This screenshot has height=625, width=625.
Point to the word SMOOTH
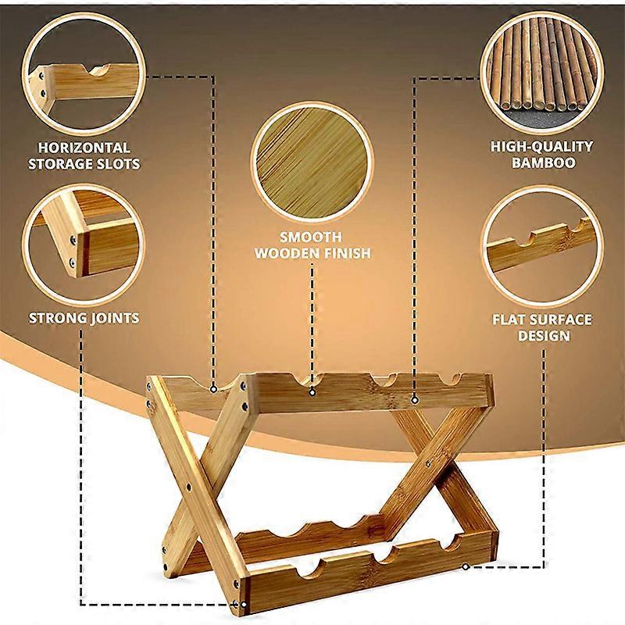[312, 237]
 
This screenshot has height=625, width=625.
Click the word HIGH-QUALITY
[541, 146]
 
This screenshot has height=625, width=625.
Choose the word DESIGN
[541, 337]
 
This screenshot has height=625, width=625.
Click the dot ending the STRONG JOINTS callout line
[243, 603]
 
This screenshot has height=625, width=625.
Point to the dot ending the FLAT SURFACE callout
[466, 566]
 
